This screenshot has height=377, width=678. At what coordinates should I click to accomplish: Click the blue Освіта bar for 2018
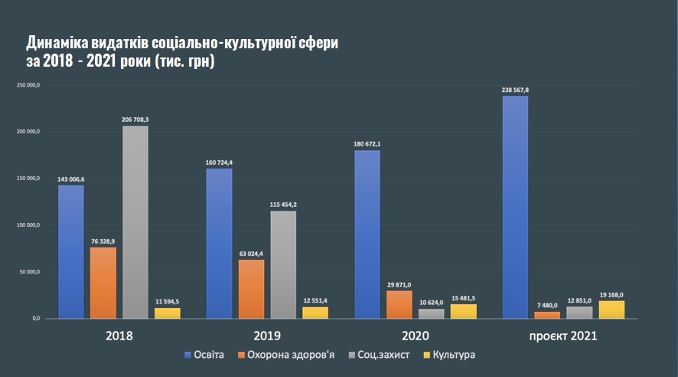[x=70, y=251]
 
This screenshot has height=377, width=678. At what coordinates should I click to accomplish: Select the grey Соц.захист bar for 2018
[x=135, y=222]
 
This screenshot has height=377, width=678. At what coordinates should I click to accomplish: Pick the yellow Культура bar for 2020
[x=464, y=311]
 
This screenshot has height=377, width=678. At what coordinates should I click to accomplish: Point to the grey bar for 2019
[x=283, y=264]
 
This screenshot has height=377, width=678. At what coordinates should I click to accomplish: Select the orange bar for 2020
[x=399, y=304]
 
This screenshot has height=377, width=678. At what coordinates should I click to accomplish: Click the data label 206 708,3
[x=135, y=120]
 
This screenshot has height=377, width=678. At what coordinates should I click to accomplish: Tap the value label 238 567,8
[x=515, y=90]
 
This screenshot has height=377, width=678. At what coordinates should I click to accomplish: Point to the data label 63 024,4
[x=251, y=254]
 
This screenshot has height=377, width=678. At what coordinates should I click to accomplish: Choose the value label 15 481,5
[x=464, y=297]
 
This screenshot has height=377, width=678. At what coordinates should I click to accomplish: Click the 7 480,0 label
[x=548, y=305]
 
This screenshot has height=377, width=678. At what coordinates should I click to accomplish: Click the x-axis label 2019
[x=267, y=336]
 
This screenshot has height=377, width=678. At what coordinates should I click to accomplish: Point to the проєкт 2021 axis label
[x=563, y=336]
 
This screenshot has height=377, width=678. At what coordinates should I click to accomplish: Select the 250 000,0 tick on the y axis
[x=28, y=84]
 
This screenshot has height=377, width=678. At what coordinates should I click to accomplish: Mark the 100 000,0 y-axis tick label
[x=28, y=225]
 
